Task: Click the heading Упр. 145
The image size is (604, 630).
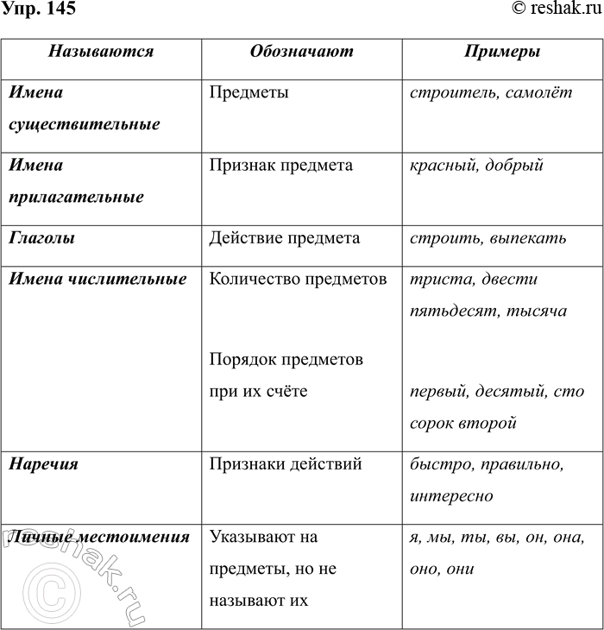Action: pyautogui.click(x=38, y=9)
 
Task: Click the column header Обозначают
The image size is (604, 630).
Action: pyautogui.click(x=301, y=52)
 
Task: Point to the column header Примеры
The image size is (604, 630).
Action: pyautogui.click(x=502, y=52)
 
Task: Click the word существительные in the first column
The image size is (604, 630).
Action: pyautogui.click(x=85, y=124)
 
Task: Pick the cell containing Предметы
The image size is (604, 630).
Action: pyautogui.click(x=249, y=92)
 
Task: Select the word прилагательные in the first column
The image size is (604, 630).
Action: pyautogui.click(x=76, y=197)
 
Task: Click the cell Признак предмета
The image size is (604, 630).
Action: pyautogui.click(x=280, y=165)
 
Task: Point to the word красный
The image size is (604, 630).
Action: pyautogui.click(x=444, y=165)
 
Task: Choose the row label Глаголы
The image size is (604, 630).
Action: pyautogui.click(x=41, y=238)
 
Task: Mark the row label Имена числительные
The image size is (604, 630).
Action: pyautogui.click(x=98, y=280)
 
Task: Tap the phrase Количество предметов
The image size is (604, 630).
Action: pyautogui.click(x=299, y=280)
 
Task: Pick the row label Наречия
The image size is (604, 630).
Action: pyautogui.click(x=44, y=464)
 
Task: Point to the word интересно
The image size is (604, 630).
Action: pyautogui.click(x=452, y=496)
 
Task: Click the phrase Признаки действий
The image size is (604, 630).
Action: pyautogui.click(x=286, y=464)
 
